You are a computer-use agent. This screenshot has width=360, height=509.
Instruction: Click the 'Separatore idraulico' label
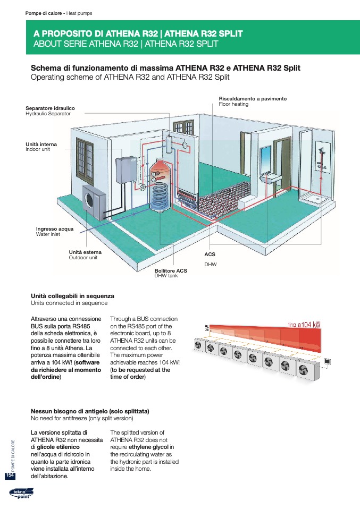click(50, 108)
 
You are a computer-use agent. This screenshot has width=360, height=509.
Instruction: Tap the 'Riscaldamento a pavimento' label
click(253, 99)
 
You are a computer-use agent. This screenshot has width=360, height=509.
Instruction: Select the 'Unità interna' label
click(41, 144)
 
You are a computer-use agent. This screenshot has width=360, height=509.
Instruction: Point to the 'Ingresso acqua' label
click(55, 229)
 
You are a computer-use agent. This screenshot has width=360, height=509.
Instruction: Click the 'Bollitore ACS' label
click(170, 271)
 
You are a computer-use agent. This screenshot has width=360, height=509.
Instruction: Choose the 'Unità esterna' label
click(85, 252)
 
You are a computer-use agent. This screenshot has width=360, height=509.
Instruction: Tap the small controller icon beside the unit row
click(328, 361)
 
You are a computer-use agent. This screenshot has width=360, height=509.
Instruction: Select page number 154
click(10, 475)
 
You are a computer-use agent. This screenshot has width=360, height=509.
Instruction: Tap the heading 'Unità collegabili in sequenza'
click(72, 296)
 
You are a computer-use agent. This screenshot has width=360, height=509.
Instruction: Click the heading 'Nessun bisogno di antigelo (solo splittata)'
click(90, 411)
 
